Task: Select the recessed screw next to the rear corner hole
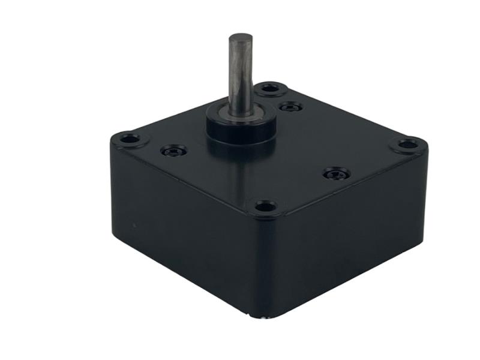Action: click(291, 107)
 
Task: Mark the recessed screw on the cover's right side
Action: click(336, 174)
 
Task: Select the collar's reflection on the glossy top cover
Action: click(240, 162)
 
